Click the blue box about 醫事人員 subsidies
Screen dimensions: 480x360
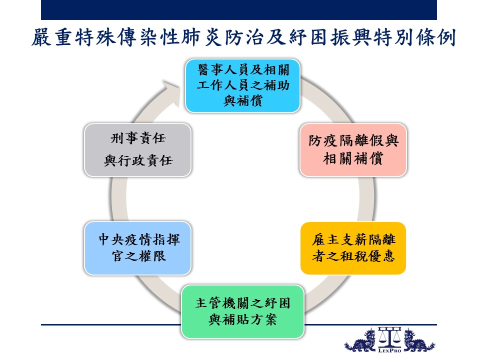pos(243,85)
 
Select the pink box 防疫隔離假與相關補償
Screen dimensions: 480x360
pos(353,150)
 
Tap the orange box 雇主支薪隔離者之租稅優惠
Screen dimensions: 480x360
pos(353,248)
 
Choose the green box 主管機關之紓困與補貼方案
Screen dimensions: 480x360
pos(243,311)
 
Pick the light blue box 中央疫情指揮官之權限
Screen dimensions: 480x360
pos(138,248)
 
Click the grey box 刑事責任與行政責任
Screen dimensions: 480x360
pos(138,150)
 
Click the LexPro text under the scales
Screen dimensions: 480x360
pos(389,350)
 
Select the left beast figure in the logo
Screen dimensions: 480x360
pos(360,341)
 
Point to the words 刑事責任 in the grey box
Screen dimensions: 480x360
pos(138,138)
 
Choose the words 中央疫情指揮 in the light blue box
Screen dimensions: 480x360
pos(139,239)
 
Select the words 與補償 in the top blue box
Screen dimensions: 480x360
pos(243,100)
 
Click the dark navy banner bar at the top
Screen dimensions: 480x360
pos(239,10)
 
